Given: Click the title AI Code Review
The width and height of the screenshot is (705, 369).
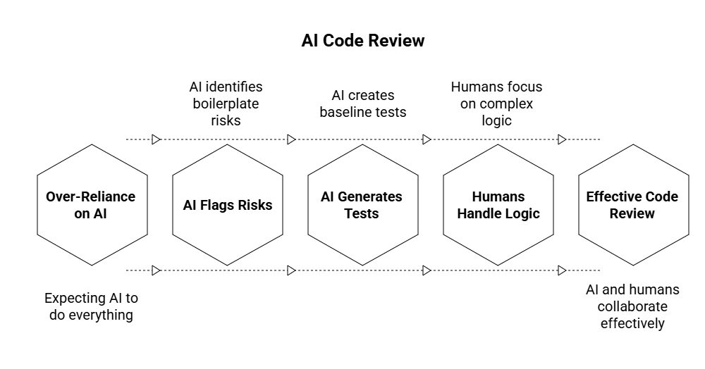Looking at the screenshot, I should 363,41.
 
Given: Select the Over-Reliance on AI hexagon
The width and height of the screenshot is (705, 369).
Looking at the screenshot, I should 92,205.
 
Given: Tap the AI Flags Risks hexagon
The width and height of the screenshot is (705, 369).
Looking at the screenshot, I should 227,205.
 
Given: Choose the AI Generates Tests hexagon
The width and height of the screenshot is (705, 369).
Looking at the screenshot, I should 362,205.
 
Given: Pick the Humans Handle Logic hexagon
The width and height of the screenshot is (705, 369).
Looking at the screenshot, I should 498,205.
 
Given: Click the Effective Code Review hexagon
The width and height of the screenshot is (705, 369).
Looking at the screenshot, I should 632,205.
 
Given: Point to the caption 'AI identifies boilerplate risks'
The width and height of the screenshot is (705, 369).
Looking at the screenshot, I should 226,104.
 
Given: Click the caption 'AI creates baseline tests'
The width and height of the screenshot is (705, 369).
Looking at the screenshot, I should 362,103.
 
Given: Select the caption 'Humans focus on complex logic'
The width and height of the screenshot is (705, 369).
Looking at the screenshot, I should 496,104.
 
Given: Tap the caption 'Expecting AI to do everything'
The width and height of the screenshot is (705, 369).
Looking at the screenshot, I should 92,306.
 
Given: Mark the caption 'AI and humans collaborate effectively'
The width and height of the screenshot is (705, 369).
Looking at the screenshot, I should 632,306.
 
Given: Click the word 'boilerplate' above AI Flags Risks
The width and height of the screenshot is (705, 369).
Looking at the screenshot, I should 226,104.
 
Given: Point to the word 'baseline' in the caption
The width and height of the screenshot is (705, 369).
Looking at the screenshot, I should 348,111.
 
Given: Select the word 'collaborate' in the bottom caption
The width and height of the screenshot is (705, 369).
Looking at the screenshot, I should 632,306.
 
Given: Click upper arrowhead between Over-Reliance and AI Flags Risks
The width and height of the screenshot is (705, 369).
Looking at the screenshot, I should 157,139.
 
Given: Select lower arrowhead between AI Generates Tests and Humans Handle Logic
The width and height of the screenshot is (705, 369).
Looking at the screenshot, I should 427,270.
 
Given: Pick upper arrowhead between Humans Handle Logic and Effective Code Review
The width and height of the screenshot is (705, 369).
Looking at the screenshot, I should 562,139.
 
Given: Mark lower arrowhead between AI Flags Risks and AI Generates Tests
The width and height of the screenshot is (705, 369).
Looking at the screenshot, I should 291,270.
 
